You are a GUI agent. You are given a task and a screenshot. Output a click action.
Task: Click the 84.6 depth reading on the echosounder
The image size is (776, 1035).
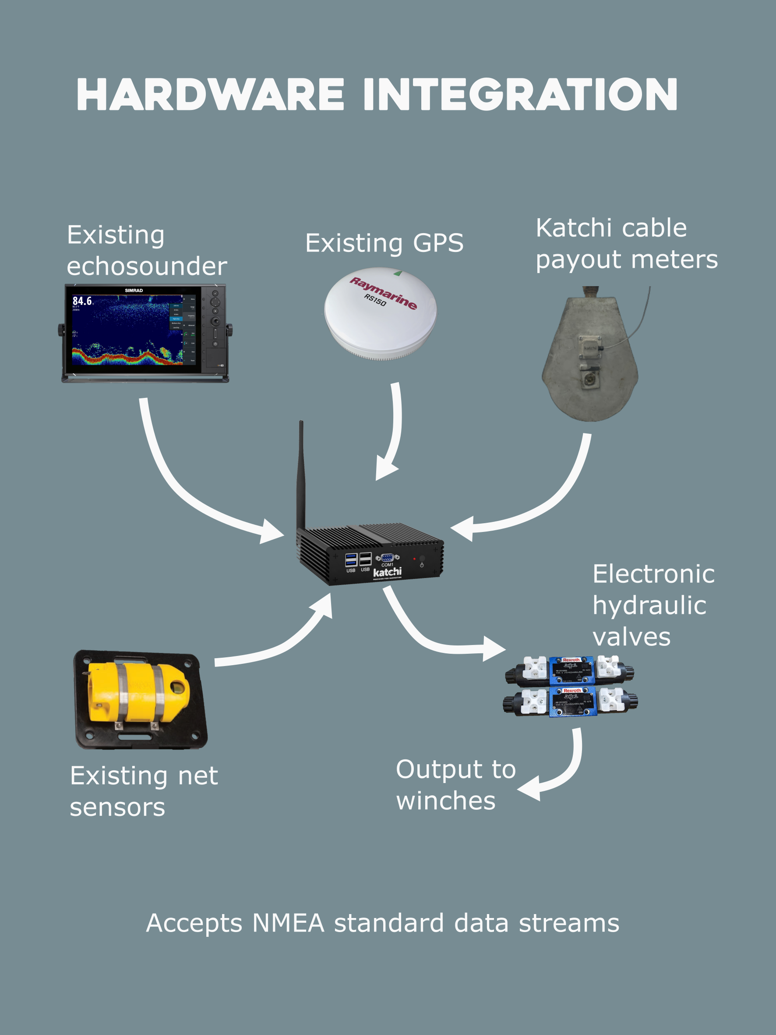pyautogui.click(x=82, y=301)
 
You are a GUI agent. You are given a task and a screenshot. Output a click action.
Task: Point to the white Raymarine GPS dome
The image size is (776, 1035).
pyautogui.click(x=381, y=313)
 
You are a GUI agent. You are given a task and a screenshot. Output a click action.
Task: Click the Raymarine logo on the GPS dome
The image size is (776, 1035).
pyautogui.click(x=383, y=293)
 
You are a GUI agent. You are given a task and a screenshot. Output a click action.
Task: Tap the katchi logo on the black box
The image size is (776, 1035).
pyautogui.click(x=387, y=572)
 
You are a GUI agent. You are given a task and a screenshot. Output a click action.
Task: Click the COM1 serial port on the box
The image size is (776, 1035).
pyautogui.click(x=387, y=558)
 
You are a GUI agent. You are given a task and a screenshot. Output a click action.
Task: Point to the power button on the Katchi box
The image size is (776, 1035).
pyautogui.click(x=422, y=559)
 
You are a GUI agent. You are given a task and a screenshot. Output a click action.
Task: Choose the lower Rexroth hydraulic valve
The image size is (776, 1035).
pyautogui.click(x=571, y=702)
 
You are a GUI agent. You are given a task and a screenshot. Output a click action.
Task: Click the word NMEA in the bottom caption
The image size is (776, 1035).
pyautogui.click(x=288, y=924)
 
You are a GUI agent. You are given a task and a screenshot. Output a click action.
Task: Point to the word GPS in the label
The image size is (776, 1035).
pyautogui.click(x=438, y=243)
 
